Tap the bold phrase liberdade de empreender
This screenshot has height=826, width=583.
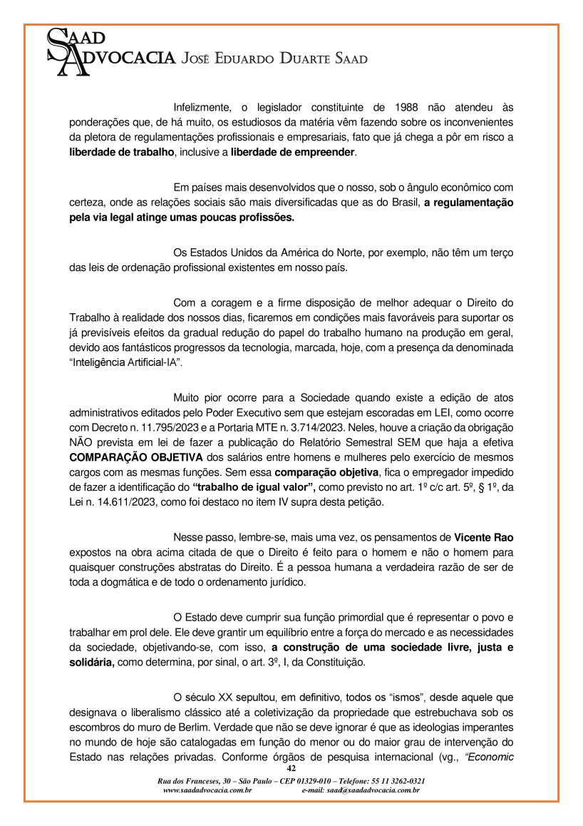[x=292, y=152]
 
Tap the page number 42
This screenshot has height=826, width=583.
[x=291, y=768]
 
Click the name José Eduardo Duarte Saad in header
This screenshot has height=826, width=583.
[x=275, y=58]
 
